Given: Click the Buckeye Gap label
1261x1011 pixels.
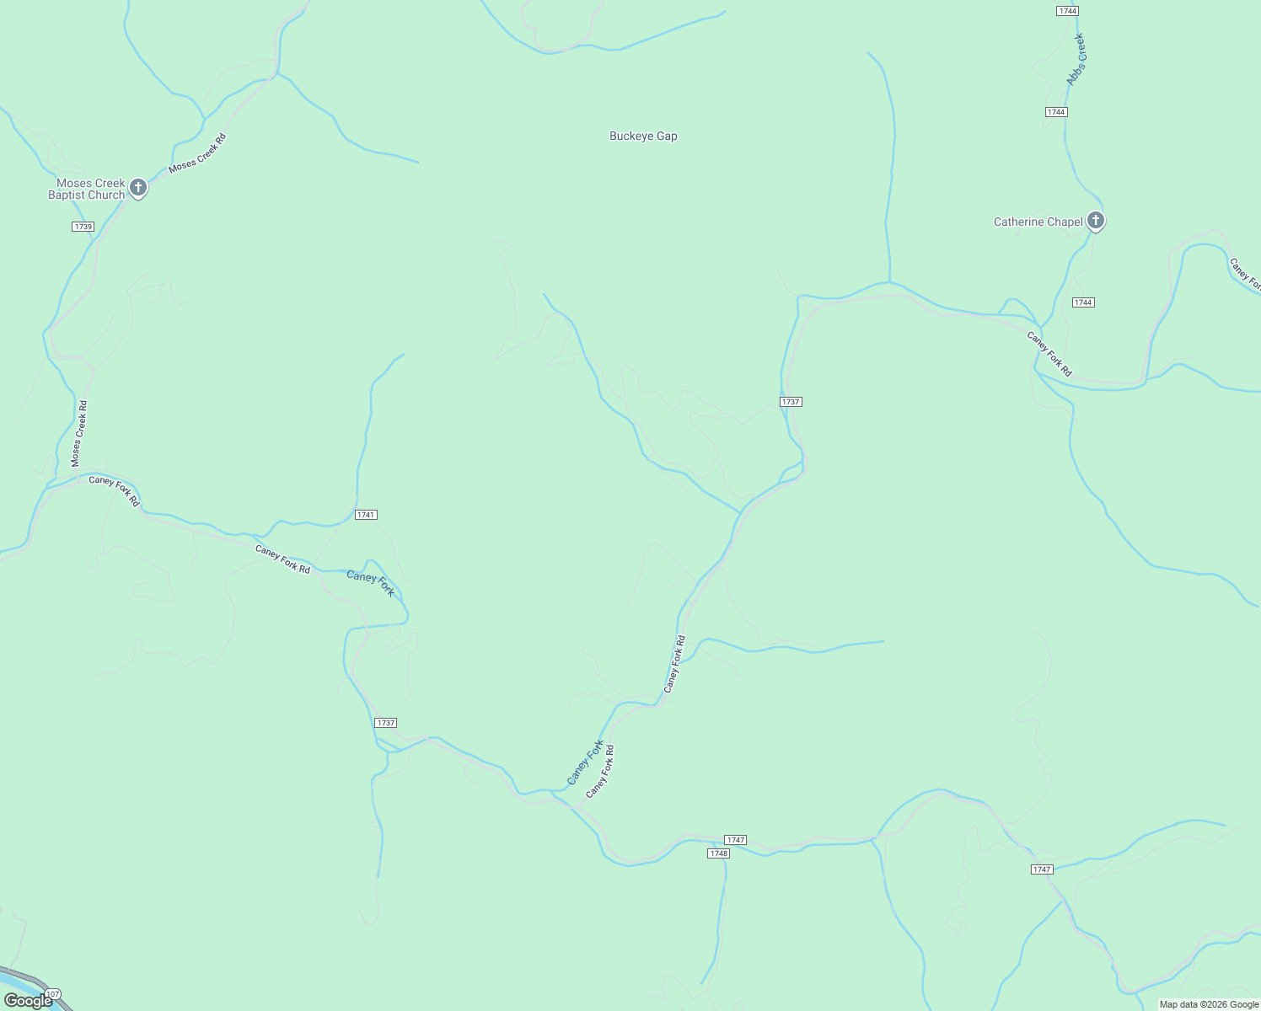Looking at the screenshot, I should (643, 136).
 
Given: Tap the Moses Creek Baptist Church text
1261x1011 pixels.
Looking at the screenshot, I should (86, 189).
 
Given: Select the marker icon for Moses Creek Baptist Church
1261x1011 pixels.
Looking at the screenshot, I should (138, 187).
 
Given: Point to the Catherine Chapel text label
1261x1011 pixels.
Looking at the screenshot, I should (1038, 222).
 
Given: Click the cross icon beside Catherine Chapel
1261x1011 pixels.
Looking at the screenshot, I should (1095, 221).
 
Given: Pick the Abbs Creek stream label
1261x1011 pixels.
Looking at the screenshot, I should (1076, 60).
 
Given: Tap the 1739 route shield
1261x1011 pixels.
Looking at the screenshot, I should (83, 227).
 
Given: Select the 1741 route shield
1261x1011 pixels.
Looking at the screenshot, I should (366, 515).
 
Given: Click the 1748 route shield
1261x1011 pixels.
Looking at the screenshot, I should (718, 853).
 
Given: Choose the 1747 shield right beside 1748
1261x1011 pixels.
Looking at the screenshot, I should (735, 840).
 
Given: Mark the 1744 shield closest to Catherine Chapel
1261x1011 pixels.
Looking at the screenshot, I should (1083, 302).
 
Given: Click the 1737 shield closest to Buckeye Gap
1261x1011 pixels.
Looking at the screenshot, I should (790, 402).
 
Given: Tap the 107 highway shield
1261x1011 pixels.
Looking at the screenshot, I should (53, 995).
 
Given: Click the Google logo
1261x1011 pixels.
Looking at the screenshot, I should (28, 1001).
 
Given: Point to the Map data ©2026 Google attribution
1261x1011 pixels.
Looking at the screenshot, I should (1208, 1004).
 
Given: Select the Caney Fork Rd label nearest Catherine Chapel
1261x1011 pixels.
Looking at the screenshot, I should (1049, 354).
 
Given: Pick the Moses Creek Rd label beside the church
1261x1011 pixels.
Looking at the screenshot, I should (197, 153).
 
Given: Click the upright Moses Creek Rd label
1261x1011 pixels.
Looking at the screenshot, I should (79, 434).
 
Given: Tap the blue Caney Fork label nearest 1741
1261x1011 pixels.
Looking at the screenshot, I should (370, 583).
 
